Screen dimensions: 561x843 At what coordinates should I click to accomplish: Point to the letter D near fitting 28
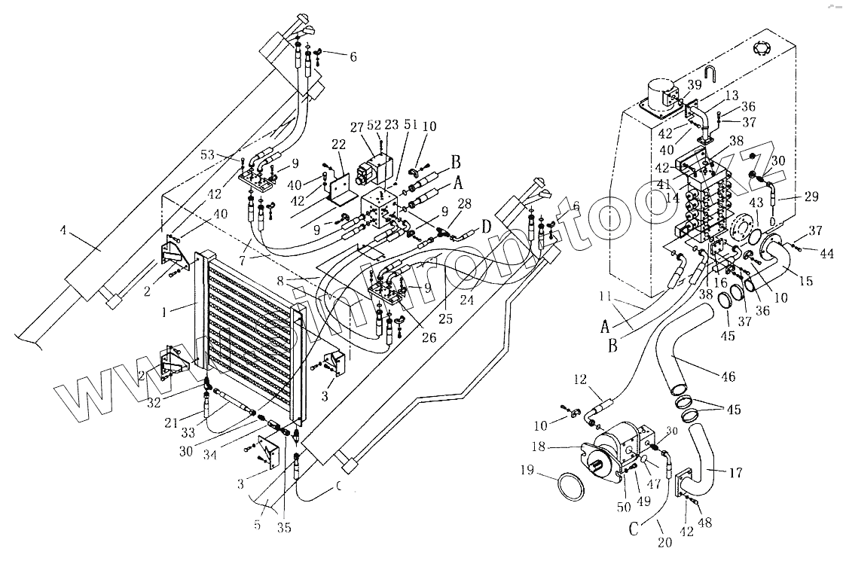pyautogui.click(x=487, y=226)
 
